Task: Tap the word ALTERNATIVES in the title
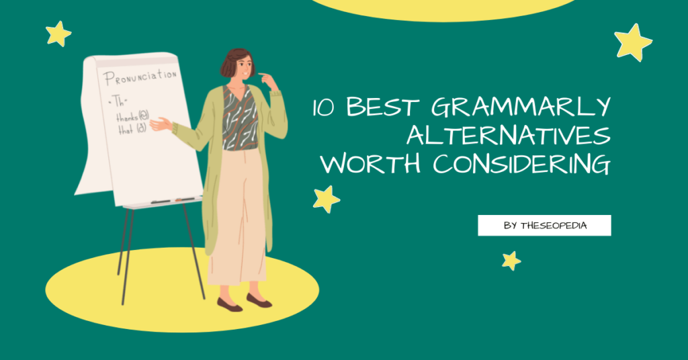point(509,136)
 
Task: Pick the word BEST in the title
point(384,108)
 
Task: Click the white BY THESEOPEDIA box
point(544,226)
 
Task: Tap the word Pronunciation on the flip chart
point(140,77)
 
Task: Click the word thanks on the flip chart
point(126,116)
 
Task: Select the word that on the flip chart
point(125,129)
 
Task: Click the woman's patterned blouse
point(240,117)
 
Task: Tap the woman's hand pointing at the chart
point(160,124)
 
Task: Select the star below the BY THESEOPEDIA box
point(511,261)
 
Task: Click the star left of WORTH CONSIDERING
point(326,199)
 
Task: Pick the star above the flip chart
point(58,34)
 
